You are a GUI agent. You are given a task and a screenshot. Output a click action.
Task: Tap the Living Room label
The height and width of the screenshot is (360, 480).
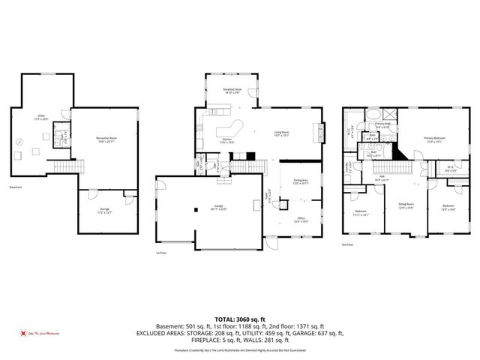click(281, 135)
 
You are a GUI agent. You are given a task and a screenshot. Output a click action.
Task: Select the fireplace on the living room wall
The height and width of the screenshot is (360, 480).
click(323, 133)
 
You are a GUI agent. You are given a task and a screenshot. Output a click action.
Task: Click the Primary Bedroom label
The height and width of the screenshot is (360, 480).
click(433, 139)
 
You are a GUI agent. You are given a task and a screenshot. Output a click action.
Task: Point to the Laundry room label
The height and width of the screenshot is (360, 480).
click(346, 166)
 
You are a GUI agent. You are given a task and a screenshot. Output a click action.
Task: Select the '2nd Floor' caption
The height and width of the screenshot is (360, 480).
click(348, 244)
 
